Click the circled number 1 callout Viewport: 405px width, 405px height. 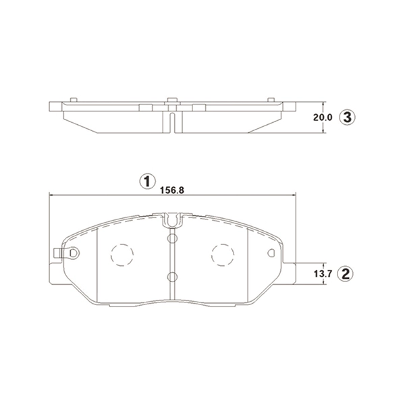point(144,181)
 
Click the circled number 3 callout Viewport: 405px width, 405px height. point(346,117)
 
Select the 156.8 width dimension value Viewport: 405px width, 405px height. point(172,190)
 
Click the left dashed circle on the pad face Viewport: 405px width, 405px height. point(122,254)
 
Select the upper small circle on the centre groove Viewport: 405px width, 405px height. point(171,238)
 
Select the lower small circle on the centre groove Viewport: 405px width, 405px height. point(171,276)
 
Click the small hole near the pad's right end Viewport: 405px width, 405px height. point(272,254)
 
